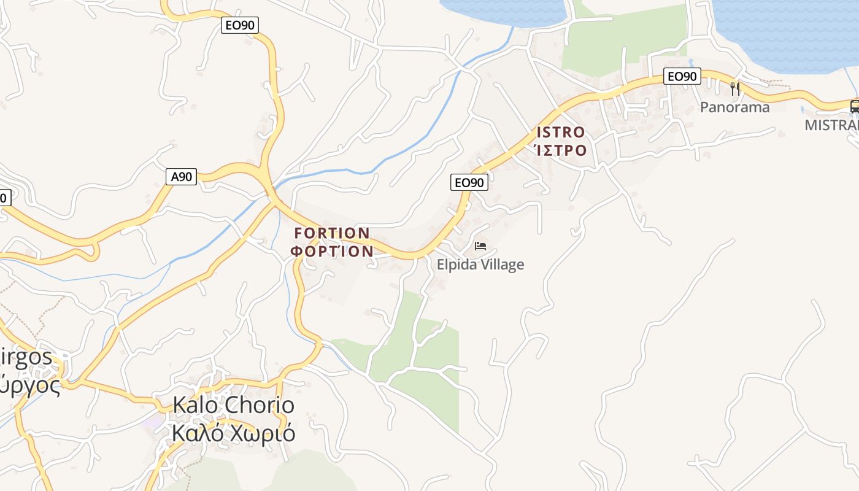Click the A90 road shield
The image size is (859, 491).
coord(181,177)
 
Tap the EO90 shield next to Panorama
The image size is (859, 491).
coord(682,77)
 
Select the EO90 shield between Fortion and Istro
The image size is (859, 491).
coord(469,182)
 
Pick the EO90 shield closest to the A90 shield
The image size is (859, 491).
coord(240,25)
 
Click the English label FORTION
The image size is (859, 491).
coord(332,233)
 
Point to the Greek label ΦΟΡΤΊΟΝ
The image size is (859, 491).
coord(332,251)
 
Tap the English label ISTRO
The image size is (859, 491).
coord(561,133)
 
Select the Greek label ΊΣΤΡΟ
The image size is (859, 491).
coord(560,150)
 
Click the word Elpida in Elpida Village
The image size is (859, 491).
coord(456,265)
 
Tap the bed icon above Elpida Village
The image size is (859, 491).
coord(480,246)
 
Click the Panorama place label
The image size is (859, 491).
coord(734,107)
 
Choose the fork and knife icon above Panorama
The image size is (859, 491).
coord(735,88)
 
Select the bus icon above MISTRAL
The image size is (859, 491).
coord(854,106)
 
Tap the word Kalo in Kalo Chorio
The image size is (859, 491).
coord(196,405)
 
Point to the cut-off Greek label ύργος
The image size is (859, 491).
coord(30,385)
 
